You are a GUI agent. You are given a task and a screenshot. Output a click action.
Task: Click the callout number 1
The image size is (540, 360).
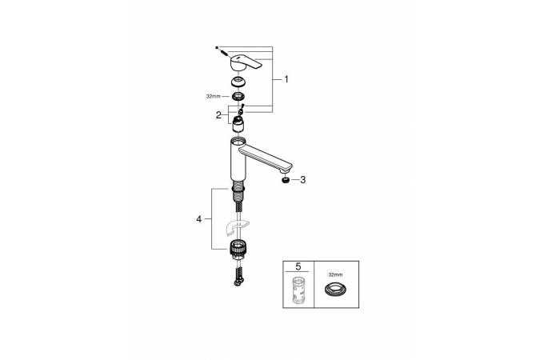[x=286, y=79]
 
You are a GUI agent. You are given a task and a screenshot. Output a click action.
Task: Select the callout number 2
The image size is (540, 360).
[x=218, y=115]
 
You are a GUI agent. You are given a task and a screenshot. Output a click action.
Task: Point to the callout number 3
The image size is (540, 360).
[x=302, y=180]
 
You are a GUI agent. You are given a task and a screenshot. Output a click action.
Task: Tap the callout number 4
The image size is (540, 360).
[x=199, y=219]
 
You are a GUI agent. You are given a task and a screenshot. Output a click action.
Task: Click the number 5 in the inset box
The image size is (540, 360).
[x=298, y=266]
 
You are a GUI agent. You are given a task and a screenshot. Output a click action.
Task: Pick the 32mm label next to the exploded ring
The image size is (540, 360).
[x=213, y=97]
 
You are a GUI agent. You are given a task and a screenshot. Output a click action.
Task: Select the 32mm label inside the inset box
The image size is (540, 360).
[x=335, y=275]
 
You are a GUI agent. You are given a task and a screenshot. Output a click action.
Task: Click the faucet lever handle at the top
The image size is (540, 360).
[x=246, y=62]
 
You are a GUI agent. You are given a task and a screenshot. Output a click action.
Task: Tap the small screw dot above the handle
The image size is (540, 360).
[x=217, y=47]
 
